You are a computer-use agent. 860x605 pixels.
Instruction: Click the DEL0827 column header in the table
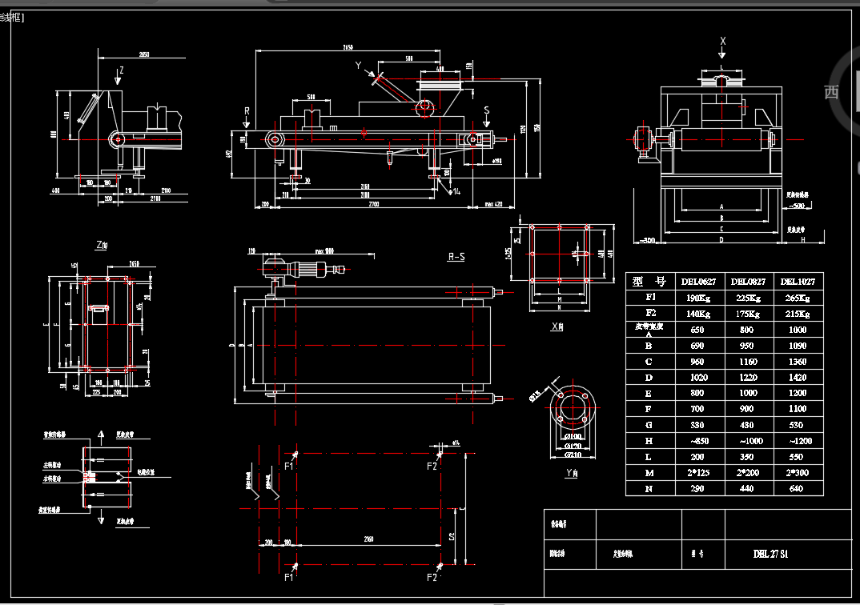[x=747, y=281]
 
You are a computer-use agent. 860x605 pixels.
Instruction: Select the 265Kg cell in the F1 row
[x=799, y=297]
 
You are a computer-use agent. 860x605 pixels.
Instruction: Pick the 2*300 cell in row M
[x=799, y=472]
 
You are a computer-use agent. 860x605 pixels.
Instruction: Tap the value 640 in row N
[x=799, y=488]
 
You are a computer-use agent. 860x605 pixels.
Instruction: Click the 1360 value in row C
[x=799, y=362]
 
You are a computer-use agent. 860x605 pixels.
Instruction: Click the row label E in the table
[x=649, y=394]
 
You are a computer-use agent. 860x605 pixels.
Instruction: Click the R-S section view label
[x=457, y=258]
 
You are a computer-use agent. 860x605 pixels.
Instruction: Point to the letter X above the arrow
[x=723, y=40]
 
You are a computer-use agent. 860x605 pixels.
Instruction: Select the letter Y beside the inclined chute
[x=360, y=65]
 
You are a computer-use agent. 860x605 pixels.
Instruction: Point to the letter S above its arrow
[x=486, y=109]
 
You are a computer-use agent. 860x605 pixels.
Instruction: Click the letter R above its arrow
[x=247, y=110]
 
